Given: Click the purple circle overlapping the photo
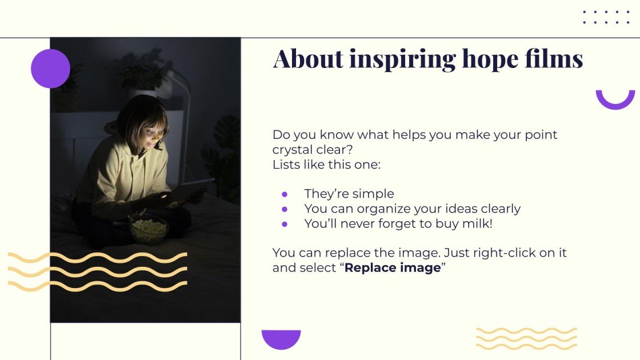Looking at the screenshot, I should (50, 69).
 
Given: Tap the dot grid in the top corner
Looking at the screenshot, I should (606, 17).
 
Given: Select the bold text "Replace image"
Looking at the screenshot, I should (393, 267).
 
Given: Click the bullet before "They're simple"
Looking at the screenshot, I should (285, 194).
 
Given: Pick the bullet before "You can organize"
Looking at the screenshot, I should (285, 209).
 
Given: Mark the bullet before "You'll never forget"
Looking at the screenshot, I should (285, 224).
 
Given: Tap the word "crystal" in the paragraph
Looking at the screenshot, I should (293, 150).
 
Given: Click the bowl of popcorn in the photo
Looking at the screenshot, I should (149, 228).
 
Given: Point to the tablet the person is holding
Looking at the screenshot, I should (186, 190).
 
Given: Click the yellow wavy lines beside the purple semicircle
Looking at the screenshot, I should (526, 338).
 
